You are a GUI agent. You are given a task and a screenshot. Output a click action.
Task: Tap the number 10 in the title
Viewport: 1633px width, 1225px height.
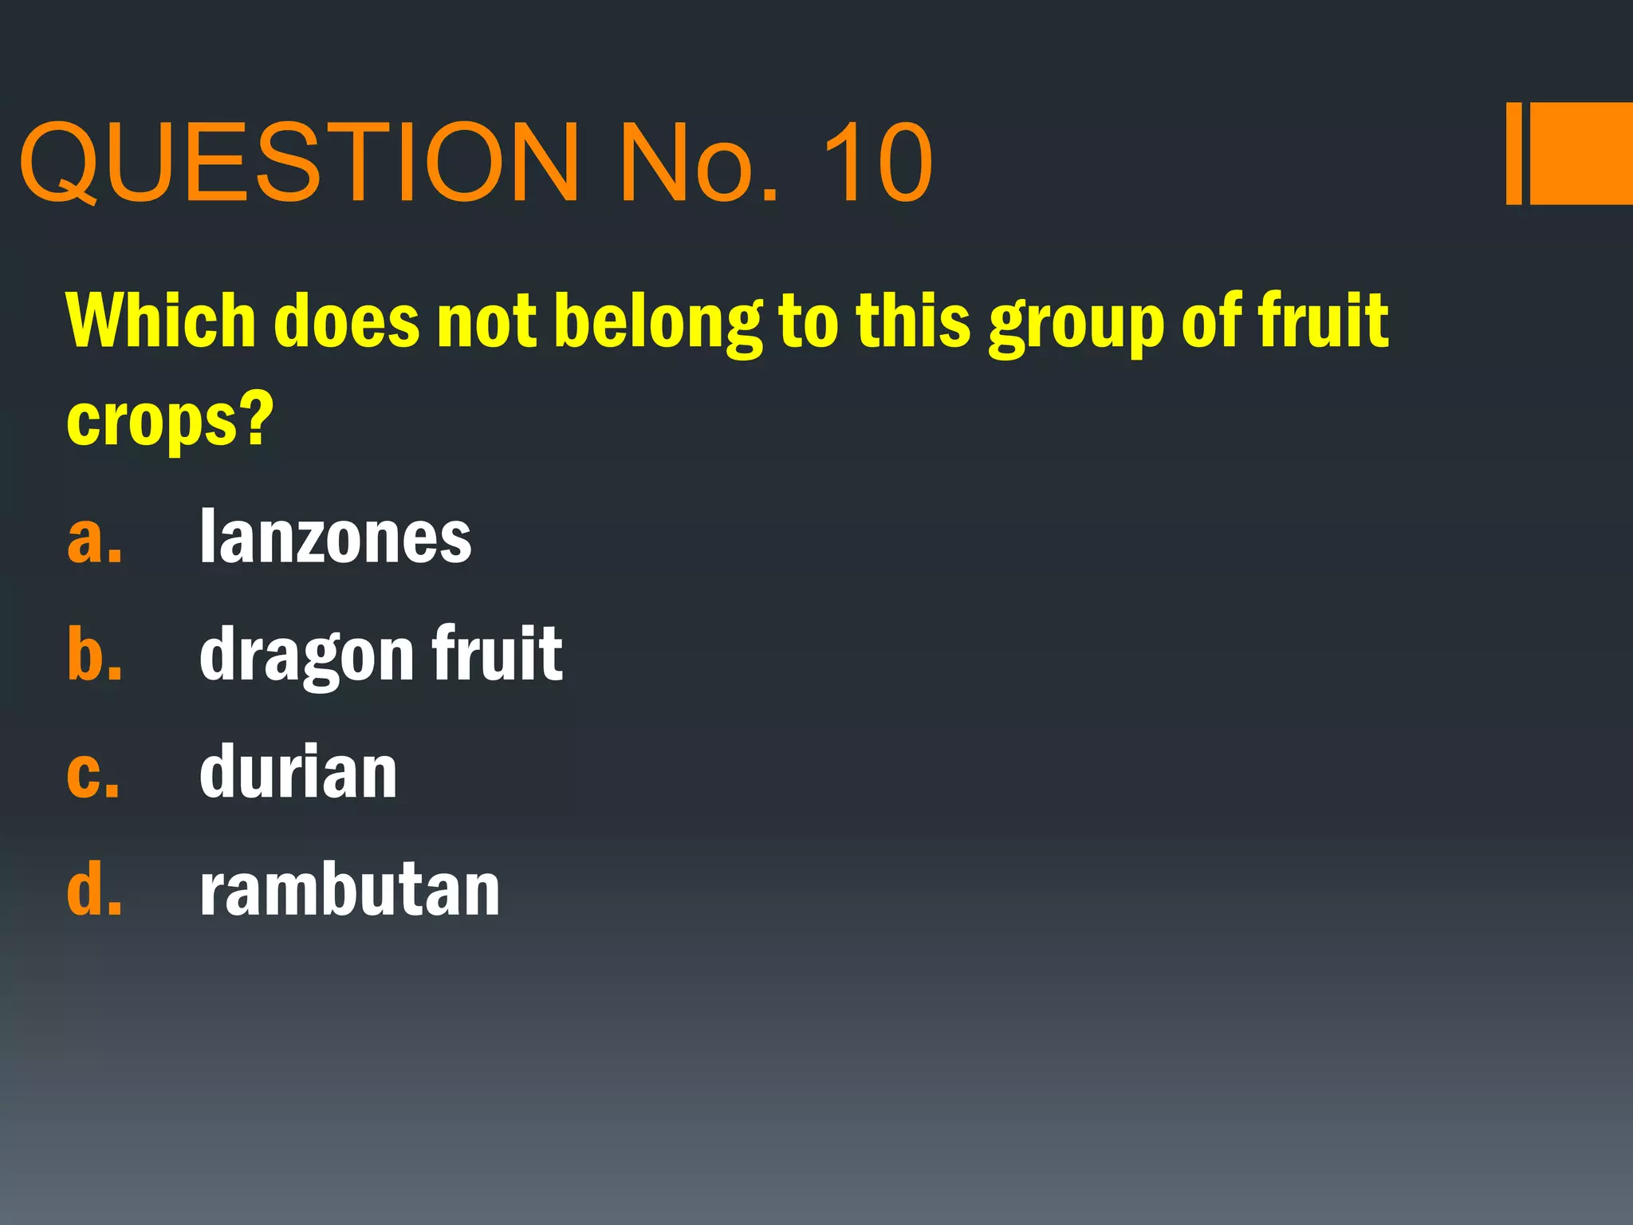pos(877,163)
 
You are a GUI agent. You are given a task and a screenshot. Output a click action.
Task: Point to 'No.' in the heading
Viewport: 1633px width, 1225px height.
pos(698,163)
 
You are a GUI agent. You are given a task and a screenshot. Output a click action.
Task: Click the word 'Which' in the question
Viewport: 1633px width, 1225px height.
pos(159,321)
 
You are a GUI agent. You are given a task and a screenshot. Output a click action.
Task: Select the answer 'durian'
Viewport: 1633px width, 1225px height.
pos(298,772)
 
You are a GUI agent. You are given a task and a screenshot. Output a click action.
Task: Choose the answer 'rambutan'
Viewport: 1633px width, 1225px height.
pos(349,890)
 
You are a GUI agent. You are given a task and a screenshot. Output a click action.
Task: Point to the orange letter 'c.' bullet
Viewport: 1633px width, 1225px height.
pos(93,774)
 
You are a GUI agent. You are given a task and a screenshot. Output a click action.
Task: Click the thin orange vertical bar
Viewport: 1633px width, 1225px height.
pos(1513,153)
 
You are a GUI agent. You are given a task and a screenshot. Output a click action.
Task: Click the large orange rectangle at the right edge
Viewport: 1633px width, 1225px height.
pos(1582,153)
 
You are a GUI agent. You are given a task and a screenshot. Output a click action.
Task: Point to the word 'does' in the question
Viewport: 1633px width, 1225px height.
pos(346,321)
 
